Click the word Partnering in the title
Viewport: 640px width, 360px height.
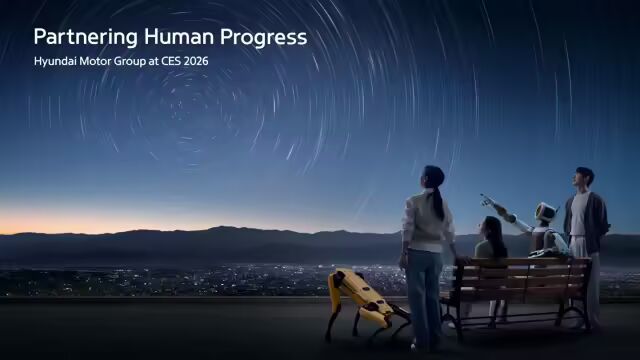84,37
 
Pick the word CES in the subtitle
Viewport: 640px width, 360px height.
163,61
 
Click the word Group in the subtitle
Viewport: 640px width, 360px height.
123,61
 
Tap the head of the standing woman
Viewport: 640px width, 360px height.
432,177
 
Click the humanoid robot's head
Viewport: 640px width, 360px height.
545,212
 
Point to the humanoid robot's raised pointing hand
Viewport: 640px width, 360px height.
487,198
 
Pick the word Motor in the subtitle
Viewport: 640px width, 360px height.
90,61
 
